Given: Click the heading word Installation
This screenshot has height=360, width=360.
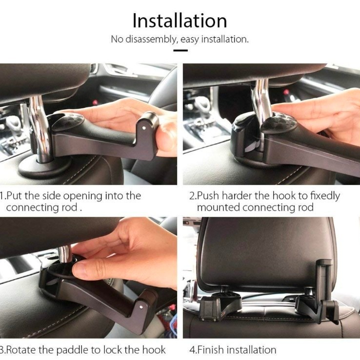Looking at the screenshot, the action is pos(180,20).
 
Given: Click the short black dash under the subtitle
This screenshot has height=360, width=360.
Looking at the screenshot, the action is pos(180,50).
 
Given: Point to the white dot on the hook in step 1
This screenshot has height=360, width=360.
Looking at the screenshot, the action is pos(144,128).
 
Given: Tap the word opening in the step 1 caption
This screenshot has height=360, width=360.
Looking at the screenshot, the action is pos(82,196).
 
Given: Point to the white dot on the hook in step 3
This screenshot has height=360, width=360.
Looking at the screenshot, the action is pos(141,307).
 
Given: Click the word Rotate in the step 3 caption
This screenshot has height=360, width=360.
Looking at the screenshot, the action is pos(21,350).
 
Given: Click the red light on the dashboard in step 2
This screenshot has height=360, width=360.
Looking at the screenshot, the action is pos(286,92).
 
